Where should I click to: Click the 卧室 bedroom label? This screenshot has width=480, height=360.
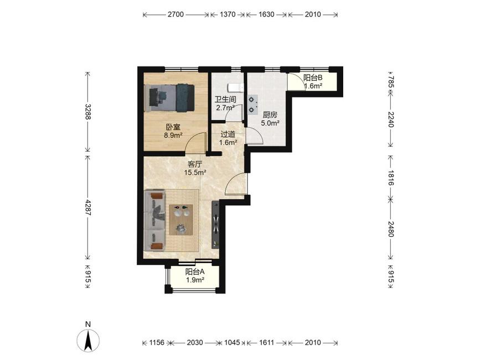[x=173, y=126]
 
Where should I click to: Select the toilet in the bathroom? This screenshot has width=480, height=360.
[x=236, y=88]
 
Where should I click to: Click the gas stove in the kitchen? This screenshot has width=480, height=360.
[x=252, y=104]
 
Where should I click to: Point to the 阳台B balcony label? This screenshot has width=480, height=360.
[x=313, y=78]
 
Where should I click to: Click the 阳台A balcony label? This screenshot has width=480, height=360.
[x=195, y=271]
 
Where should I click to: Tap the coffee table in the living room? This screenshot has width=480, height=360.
[x=181, y=219]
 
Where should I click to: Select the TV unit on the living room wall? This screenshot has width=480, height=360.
[x=215, y=225]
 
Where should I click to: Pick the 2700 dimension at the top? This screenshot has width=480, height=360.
[x=176, y=14]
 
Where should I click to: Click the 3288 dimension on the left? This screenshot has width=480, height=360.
[x=88, y=111]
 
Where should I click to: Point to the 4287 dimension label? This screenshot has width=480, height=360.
[x=88, y=208]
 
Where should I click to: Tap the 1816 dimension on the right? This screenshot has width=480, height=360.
[x=391, y=178]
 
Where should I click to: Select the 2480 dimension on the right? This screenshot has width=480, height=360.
[x=391, y=229]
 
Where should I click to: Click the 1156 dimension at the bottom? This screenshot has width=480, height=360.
[x=157, y=342]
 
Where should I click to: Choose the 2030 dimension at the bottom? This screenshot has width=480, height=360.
[x=195, y=342]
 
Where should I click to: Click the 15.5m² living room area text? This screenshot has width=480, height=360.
[x=195, y=173]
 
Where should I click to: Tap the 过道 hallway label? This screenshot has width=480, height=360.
[x=228, y=134]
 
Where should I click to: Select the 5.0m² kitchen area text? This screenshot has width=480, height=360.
[x=270, y=124]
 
